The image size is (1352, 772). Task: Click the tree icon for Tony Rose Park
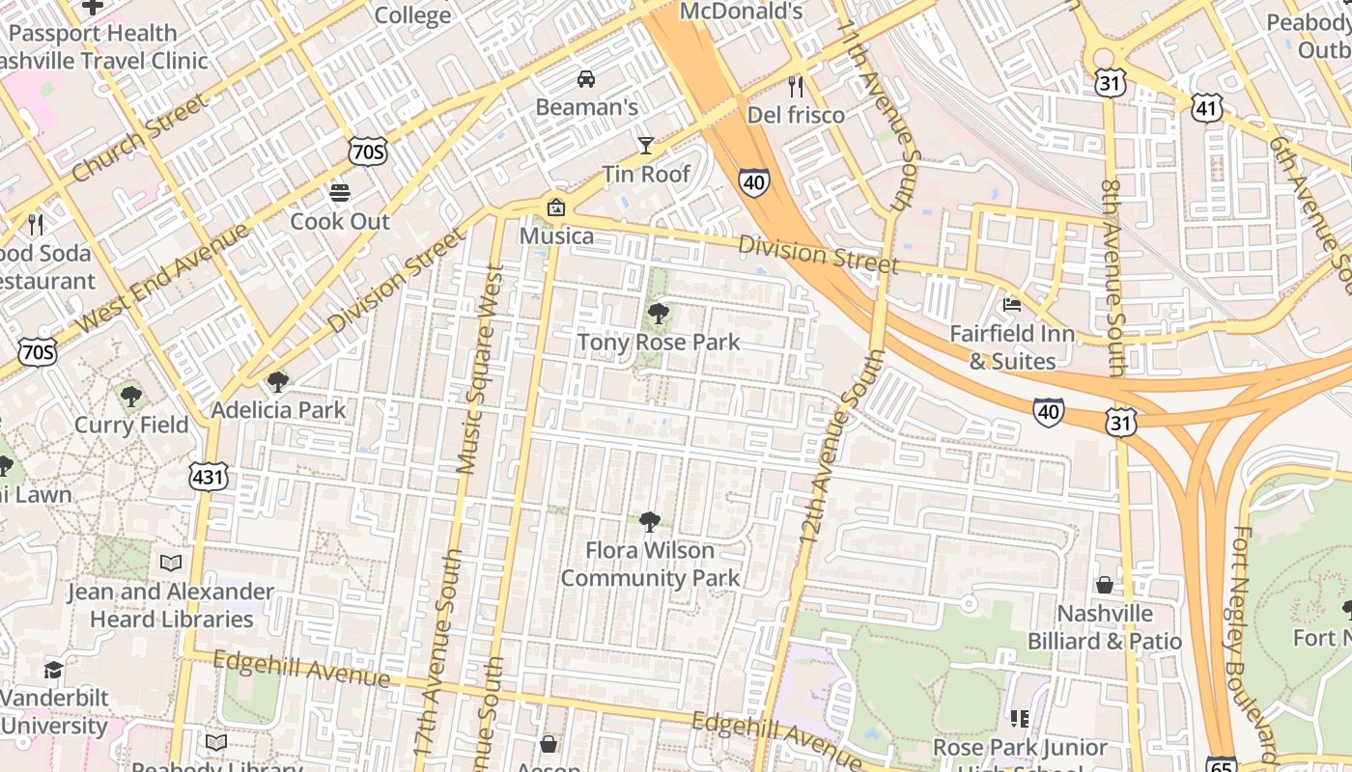[x=659, y=313]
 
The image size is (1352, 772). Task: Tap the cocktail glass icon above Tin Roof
[x=646, y=146]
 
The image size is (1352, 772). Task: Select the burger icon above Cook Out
[x=340, y=192]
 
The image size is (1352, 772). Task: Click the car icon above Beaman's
[x=586, y=78]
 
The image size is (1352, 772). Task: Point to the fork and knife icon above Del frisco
[x=796, y=87]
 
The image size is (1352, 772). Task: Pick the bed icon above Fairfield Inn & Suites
[x=1012, y=305]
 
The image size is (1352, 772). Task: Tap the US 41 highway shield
[x=1206, y=108]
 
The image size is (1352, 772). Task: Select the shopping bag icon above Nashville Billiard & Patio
[x=1105, y=585]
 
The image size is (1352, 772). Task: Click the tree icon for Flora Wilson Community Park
[x=650, y=522]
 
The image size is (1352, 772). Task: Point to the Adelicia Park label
[x=278, y=410]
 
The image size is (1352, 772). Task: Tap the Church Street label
[x=139, y=137]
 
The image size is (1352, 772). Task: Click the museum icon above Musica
[x=556, y=207]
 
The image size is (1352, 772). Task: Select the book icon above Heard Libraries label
[x=171, y=563]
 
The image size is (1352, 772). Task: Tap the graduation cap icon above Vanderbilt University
[x=54, y=670]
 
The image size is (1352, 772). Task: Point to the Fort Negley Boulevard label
[x=1255, y=637]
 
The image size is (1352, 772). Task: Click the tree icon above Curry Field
[x=131, y=396]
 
